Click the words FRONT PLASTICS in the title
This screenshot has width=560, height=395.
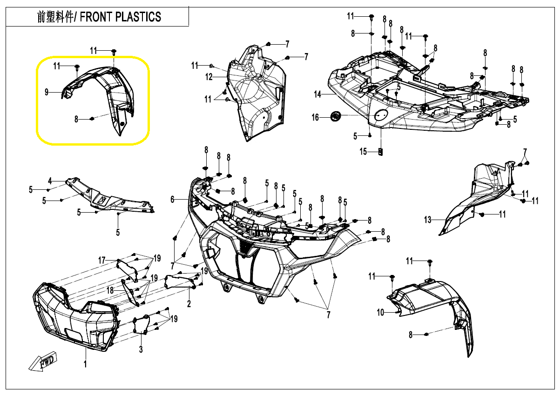[x=120, y=17]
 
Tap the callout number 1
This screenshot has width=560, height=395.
[x=85, y=364]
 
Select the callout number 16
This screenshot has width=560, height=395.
[x=315, y=117]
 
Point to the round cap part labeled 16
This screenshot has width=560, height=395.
[x=336, y=116]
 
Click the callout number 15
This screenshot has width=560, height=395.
[x=363, y=151]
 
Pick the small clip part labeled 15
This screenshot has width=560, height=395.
[x=381, y=152]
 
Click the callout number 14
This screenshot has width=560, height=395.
[x=317, y=94]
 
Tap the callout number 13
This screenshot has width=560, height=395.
[x=427, y=220]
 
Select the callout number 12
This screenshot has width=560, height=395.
[x=209, y=77]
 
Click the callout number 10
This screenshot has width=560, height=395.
[x=380, y=312]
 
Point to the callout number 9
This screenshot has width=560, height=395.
[x=47, y=92]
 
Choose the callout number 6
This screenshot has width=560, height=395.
[x=172, y=200]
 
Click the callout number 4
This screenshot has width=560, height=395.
[x=50, y=181]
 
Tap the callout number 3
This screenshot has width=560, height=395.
[x=141, y=349]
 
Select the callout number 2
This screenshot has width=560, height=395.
[x=189, y=304]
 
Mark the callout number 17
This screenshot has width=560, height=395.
[x=102, y=261]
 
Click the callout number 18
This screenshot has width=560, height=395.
[x=110, y=290]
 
